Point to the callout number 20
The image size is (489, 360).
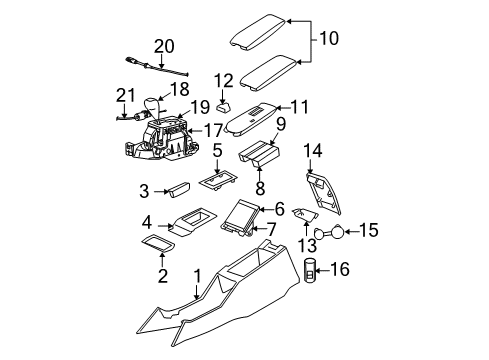coord(163,45)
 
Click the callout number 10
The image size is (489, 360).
coord(330,39)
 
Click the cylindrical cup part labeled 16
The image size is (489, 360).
coord(310,270)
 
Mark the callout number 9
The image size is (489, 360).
coord(281,125)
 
